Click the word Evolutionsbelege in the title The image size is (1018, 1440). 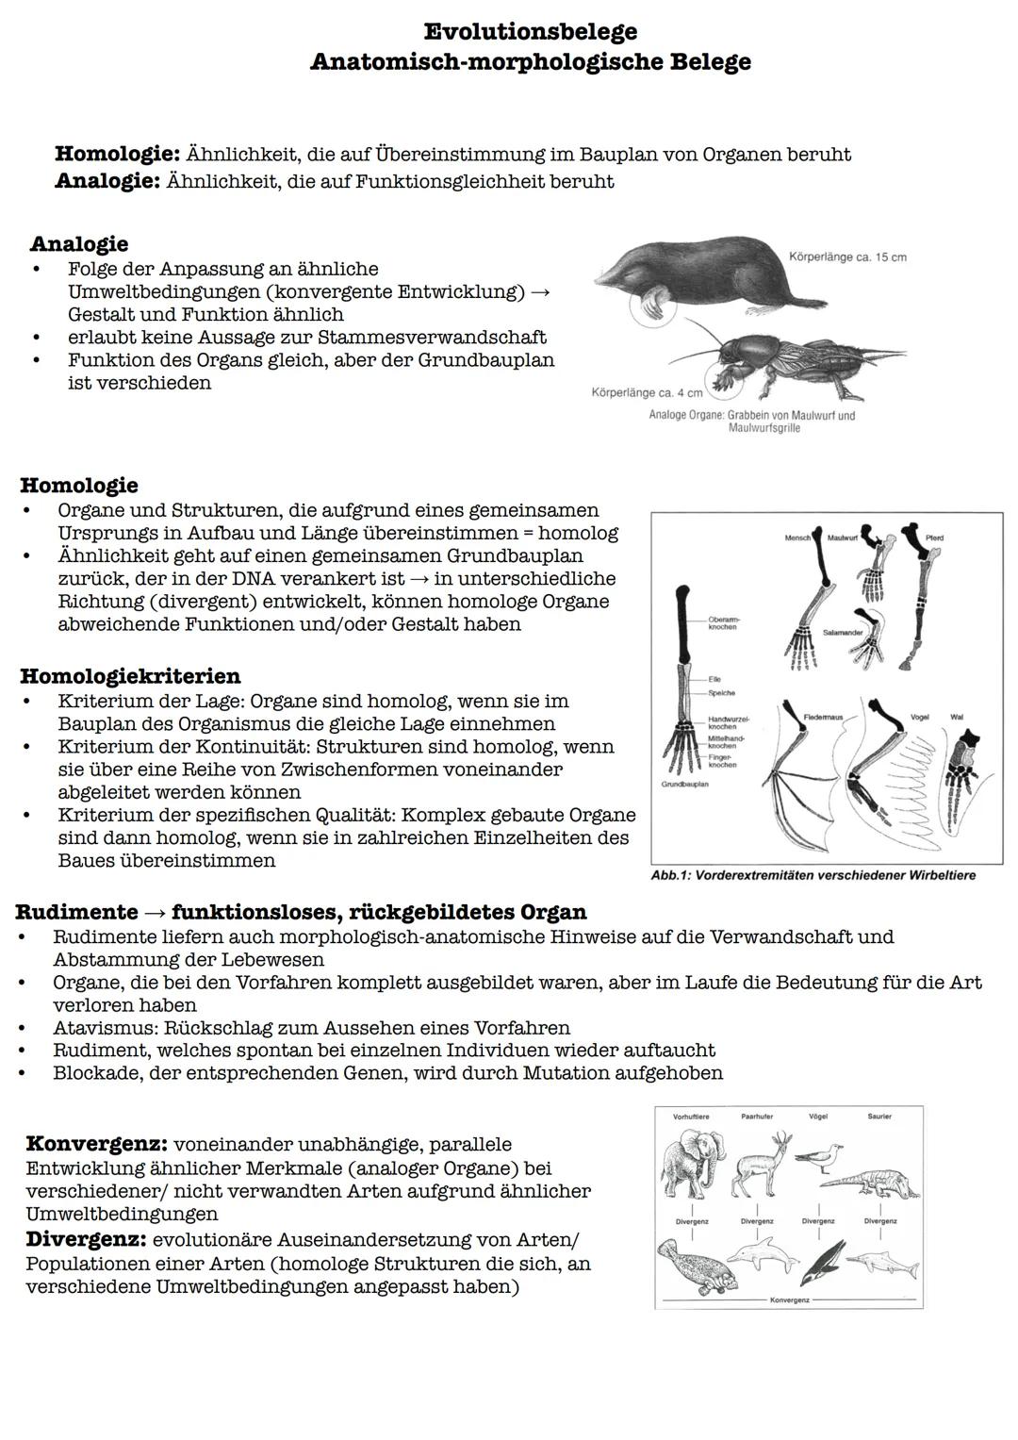[x=531, y=32]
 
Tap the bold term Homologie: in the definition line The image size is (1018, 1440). [x=117, y=154]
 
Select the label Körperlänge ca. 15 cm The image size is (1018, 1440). [x=847, y=257]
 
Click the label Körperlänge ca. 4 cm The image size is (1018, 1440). [x=647, y=392]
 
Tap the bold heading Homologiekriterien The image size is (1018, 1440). [x=130, y=676]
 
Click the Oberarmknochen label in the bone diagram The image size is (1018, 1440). [x=724, y=623]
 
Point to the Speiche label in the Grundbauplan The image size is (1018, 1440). [x=721, y=693]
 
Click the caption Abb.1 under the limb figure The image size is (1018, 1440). [x=813, y=875]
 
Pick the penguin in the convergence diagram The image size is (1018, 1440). [x=820, y=1264]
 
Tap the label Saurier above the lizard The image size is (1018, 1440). [x=878, y=1117]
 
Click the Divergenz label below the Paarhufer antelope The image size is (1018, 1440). [x=756, y=1220]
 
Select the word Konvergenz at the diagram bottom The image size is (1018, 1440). [x=790, y=1299]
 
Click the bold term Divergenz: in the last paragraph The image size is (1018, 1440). [x=86, y=1239]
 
